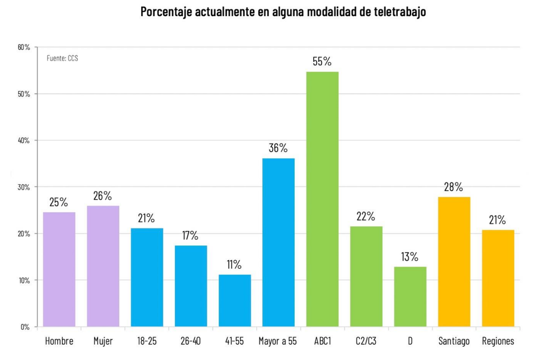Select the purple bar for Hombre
click(59, 269)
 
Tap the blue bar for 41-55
click(234, 301)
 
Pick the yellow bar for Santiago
click(454, 262)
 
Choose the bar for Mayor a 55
click(278, 243)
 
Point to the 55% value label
click(322, 62)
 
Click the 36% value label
click(278, 148)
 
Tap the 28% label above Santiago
click(453, 187)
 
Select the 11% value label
click(234, 265)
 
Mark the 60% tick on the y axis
click(24, 47)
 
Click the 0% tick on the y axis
click(25, 327)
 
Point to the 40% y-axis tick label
click(24, 140)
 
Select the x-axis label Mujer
click(103, 341)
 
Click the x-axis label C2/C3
click(366, 341)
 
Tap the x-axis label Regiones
click(498, 341)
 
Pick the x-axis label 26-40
click(191, 341)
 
